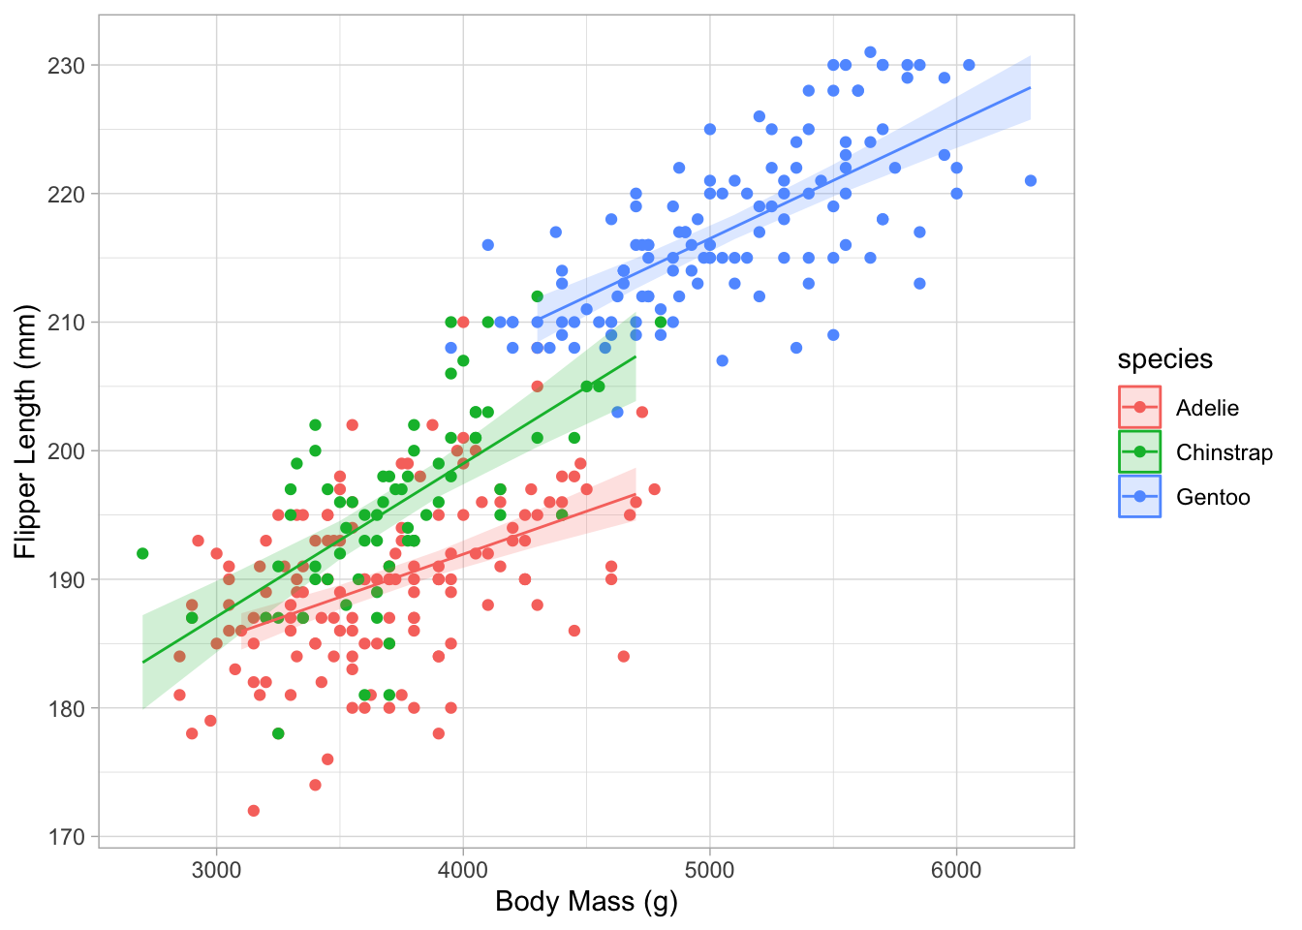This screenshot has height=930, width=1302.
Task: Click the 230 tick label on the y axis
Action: [67, 66]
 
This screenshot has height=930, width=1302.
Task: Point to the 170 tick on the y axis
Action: [67, 837]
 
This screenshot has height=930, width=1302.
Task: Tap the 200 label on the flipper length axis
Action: [67, 451]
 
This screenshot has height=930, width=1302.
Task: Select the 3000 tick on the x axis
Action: [216, 869]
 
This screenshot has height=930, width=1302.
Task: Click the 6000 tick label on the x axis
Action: [956, 869]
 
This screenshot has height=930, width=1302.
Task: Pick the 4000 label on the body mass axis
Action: [463, 869]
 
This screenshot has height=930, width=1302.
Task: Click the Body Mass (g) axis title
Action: [586, 902]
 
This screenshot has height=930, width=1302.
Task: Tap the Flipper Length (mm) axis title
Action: [26, 432]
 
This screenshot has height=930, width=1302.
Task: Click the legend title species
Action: [1164, 359]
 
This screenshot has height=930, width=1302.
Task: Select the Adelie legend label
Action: [1207, 408]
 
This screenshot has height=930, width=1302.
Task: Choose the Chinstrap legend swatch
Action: [1139, 452]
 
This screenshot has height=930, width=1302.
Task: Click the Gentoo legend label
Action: [1213, 497]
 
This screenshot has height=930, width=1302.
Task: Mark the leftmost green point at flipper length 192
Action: [142, 553]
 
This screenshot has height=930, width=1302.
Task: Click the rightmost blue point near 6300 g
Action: [1031, 181]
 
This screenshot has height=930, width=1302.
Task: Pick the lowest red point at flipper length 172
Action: [254, 811]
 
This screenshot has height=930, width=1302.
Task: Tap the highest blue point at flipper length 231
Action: [870, 52]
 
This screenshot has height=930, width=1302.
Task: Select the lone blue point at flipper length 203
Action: [617, 413]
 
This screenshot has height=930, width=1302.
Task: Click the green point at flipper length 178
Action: [278, 733]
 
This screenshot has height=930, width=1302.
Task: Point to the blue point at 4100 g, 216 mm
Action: [488, 245]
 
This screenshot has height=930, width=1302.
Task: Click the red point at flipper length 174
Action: [315, 785]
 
